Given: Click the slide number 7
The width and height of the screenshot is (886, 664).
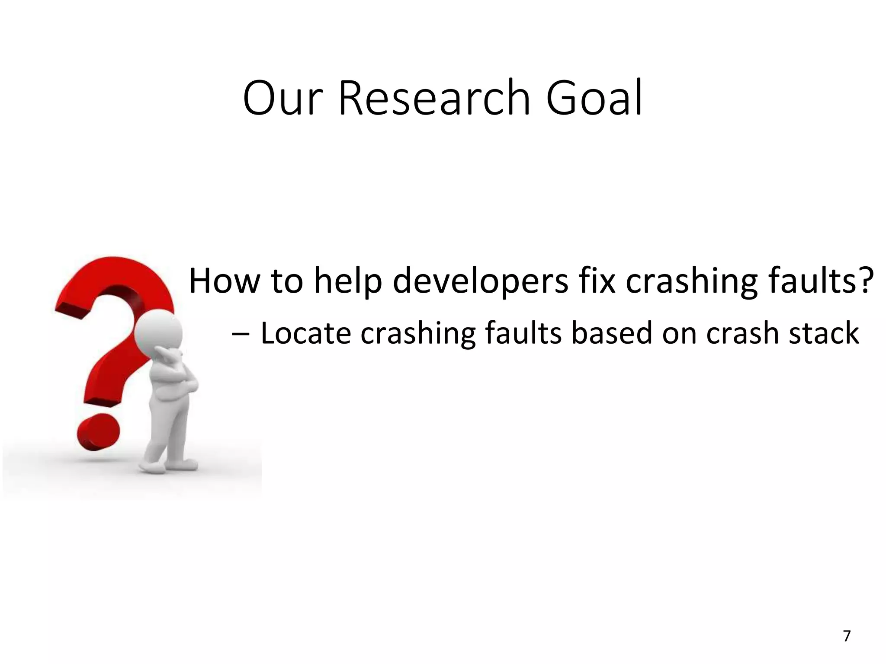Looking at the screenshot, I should point(847,636).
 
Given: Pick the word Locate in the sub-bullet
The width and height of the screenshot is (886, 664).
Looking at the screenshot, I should point(305,333).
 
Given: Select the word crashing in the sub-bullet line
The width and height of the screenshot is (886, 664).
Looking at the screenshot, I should point(418,334).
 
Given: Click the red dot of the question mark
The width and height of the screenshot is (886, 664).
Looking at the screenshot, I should point(98,432).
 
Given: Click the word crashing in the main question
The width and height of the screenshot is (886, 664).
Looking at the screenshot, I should point(692,281).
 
